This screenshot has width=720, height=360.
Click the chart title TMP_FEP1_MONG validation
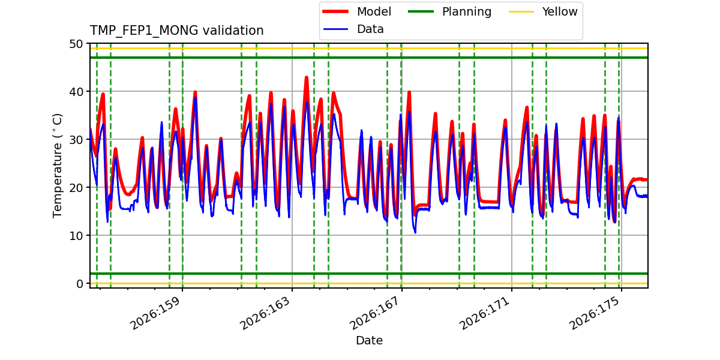tap(176, 31)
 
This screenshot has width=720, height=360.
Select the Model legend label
tap(374, 11)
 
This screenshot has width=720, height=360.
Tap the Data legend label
tap(370, 29)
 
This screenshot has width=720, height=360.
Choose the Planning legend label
tap(467, 12)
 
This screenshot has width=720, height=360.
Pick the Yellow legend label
tap(560, 11)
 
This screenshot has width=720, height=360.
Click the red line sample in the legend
tap(335, 11)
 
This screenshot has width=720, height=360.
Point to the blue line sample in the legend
tap(335, 29)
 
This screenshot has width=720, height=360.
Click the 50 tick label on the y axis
tap(76, 44)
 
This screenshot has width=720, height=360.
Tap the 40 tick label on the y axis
tap(76, 92)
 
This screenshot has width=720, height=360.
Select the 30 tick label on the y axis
tap(76, 140)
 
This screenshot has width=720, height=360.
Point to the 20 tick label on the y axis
tap(76, 188)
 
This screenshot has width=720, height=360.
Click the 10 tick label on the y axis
tap(76, 236)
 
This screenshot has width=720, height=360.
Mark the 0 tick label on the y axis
tap(80, 284)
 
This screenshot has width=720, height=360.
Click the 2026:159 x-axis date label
tap(155, 313)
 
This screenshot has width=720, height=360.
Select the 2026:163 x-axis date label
tap(265, 313)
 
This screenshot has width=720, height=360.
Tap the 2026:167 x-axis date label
tap(375, 313)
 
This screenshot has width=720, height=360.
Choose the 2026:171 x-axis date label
tap(485, 313)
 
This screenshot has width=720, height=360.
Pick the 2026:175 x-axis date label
tap(595, 313)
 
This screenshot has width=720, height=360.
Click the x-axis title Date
tap(370, 340)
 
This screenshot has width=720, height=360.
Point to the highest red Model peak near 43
tap(307, 77)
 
